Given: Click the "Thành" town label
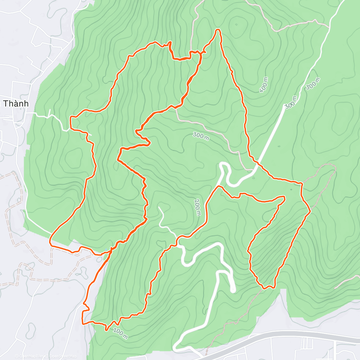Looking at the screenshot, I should (16, 103).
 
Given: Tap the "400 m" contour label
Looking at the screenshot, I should (264, 84).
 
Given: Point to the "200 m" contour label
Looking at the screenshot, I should (197, 207).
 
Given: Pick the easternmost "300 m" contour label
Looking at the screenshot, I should (313, 83).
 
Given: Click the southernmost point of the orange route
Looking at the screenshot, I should (106, 330).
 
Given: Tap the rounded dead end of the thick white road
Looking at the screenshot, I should (233, 290).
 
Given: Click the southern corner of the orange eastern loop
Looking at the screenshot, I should (264, 288).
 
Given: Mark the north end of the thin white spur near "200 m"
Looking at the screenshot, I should (159, 207).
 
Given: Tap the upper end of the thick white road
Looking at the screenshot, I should (284, 106).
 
